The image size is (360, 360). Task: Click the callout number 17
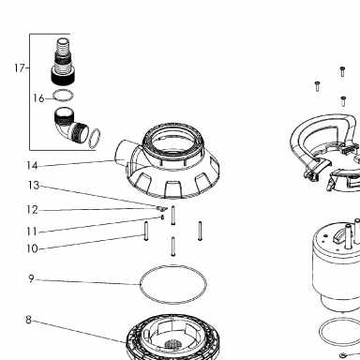click(x=20, y=67)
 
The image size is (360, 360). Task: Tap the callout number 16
click(x=38, y=98)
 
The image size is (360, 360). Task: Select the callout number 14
click(x=32, y=166)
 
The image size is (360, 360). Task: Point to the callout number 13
click(x=34, y=186)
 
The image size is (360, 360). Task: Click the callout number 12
click(x=32, y=210)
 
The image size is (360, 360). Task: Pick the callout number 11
click(x=32, y=232)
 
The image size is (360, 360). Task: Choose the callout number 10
click(x=32, y=248)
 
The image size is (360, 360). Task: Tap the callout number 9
click(x=31, y=278)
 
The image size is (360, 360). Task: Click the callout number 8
click(x=28, y=320)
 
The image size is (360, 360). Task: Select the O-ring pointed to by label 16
click(x=63, y=91)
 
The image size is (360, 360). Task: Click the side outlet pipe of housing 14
click(x=122, y=153)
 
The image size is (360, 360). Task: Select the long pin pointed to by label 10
click(x=145, y=231)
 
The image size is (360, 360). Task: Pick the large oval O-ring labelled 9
click(x=173, y=265)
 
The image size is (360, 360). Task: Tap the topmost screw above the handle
click(x=342, y=71)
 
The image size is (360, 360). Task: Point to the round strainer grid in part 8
click(x=172, y=345)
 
